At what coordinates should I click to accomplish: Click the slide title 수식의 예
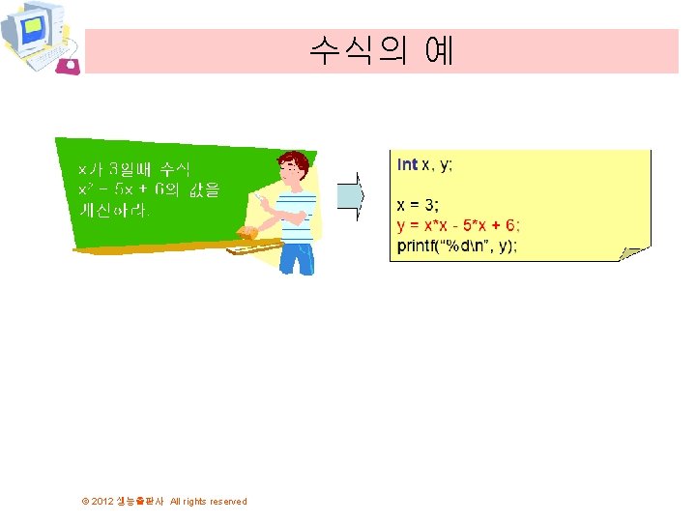tap(382, 50)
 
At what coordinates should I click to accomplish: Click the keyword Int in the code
tap(407, 165)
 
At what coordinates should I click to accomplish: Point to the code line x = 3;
tap(418, 205)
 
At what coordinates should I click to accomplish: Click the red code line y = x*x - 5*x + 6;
tap(458, 225)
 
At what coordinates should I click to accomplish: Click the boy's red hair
tap(295, 159)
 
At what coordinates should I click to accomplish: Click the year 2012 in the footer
tap(102, 502)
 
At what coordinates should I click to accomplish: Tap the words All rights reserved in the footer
tap(208, 502)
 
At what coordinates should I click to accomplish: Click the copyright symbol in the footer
tap(85, 502)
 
